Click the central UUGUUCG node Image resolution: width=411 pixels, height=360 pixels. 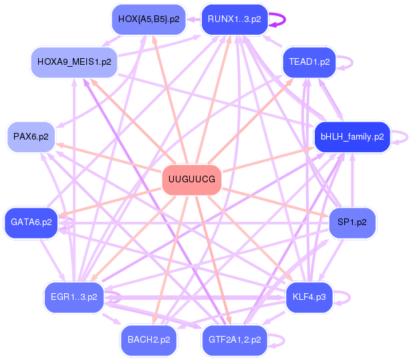192,180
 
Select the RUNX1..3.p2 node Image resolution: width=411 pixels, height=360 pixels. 234,19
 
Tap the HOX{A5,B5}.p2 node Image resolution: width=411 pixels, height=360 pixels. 148,19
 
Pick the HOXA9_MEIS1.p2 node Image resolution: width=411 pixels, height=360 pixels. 74,61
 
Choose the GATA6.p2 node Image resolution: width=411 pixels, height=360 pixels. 31,222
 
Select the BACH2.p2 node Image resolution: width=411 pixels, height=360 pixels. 148,339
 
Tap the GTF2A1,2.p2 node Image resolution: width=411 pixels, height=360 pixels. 235,339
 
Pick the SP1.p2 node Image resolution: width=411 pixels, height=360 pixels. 352,222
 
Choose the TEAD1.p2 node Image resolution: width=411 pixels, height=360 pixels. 309,61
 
